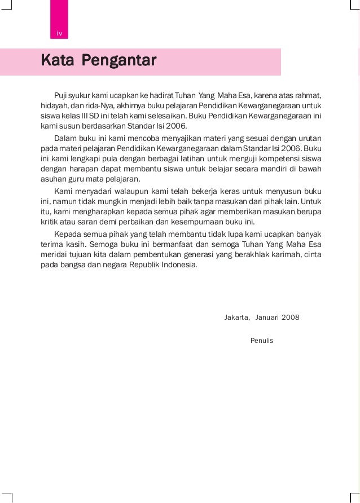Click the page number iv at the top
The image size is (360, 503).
click(x=59, y=34)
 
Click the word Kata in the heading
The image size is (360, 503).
click(x=56, y=60)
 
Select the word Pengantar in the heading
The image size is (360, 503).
click(x=119, y=60)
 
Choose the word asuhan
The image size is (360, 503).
click(x=52, y=179)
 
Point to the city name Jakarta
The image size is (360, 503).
click(x=237, y=317)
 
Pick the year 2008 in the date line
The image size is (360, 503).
click(x=290, y=317)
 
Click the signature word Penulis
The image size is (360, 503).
click(x=261, y=341)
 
